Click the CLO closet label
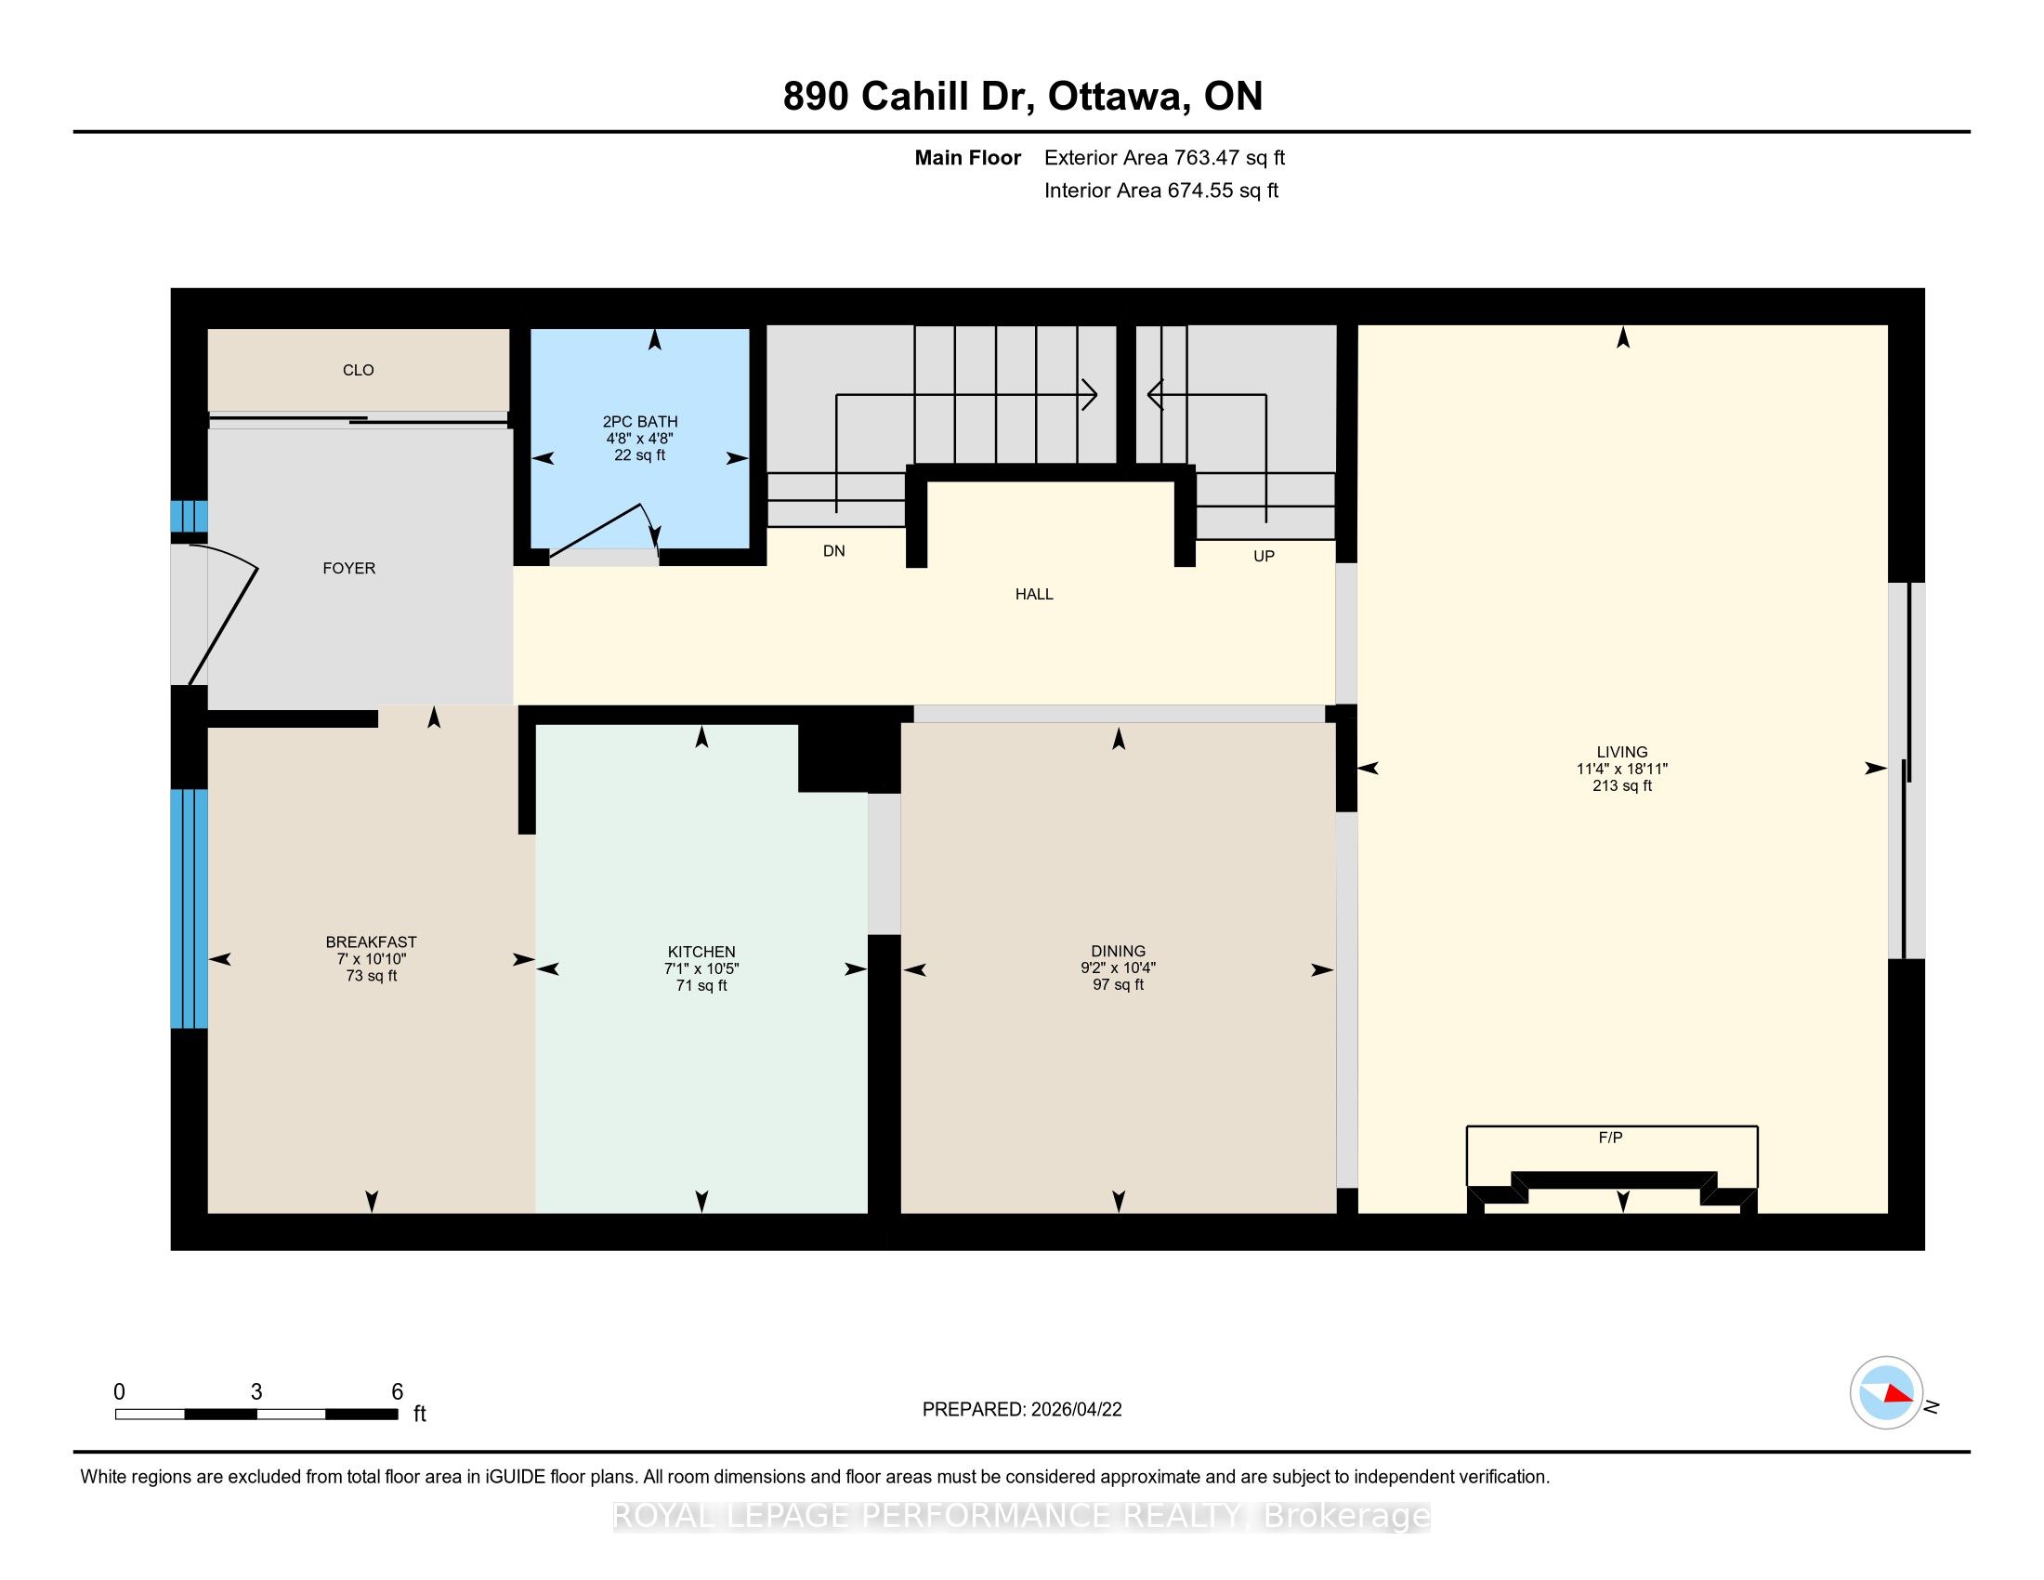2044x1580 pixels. (358, 370)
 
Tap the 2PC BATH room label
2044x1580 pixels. (640, 422)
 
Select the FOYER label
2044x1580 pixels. (349, 568)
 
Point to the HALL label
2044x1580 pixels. (1034, 594)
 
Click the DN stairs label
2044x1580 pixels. (834, 550)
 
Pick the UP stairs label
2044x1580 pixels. (1264, 556)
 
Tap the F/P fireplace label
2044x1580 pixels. (1610, 1138)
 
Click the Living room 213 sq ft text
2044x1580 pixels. (1622, 785)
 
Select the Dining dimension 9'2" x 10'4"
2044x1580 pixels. (1118, 968)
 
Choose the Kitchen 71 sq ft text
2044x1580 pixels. (701, 985)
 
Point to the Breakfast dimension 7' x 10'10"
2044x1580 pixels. (372, 958)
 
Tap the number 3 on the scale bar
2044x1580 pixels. (256, 1392)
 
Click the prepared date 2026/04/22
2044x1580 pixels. (1076, 1410)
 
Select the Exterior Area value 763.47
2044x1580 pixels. (1208, 157)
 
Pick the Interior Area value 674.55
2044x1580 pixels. (1201, 190)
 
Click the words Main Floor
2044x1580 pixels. (967, 157)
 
